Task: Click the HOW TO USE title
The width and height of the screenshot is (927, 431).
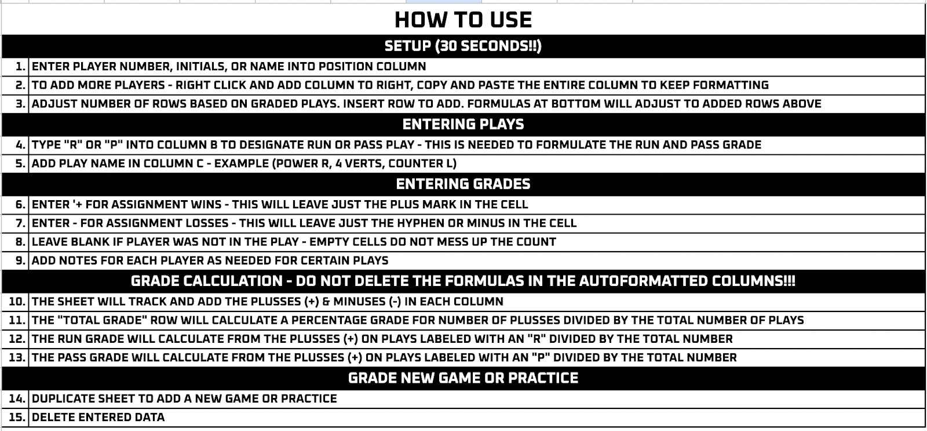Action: pyautogui.click(x=463, y=20)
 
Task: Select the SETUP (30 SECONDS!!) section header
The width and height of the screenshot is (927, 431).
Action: pyautogui.click(x=463, y=46)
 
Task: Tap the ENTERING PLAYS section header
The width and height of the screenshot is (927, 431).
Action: pyautogui.click(x=463, y=124)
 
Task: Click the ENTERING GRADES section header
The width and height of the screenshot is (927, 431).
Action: pyautogui.click(x=463, y=184)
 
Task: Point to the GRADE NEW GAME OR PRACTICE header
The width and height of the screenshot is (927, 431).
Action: pyautogui.click(x=463, y=378)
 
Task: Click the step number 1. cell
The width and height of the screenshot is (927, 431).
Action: pyautogui.click(x=15, y=66)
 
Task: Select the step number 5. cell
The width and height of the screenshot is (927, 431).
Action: pyautogui.click(x=15, y=163)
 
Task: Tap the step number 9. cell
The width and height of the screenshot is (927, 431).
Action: pyautogui.click(x=15, y=260)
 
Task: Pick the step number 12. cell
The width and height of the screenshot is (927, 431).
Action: pyautogui.click(x=15, y=339)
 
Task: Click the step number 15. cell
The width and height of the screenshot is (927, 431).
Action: pyautogui.click(x=15, y=417)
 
